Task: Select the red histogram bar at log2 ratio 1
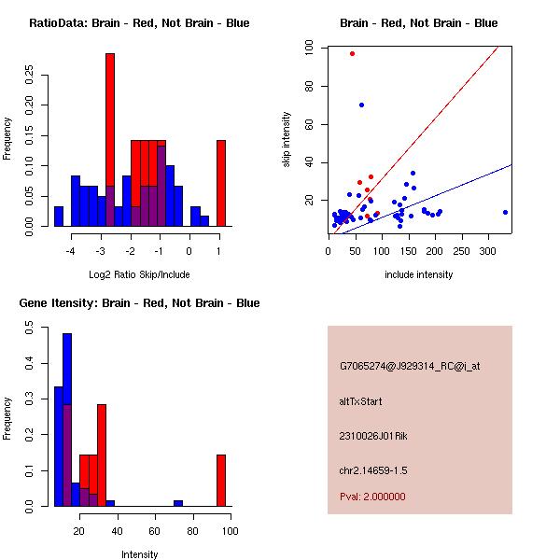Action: [221, 183]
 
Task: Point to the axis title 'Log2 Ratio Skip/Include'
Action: [139, 274]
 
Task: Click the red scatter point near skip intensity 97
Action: [352, 53]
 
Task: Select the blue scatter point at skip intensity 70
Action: [361, 105]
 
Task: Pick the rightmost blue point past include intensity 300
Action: [505, 212]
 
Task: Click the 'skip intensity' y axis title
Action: [287, 140]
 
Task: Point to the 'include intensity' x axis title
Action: [419, 274]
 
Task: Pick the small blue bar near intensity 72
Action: [177, 503]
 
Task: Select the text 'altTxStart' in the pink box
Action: [360, 401]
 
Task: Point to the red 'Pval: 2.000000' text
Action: [372, 497]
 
